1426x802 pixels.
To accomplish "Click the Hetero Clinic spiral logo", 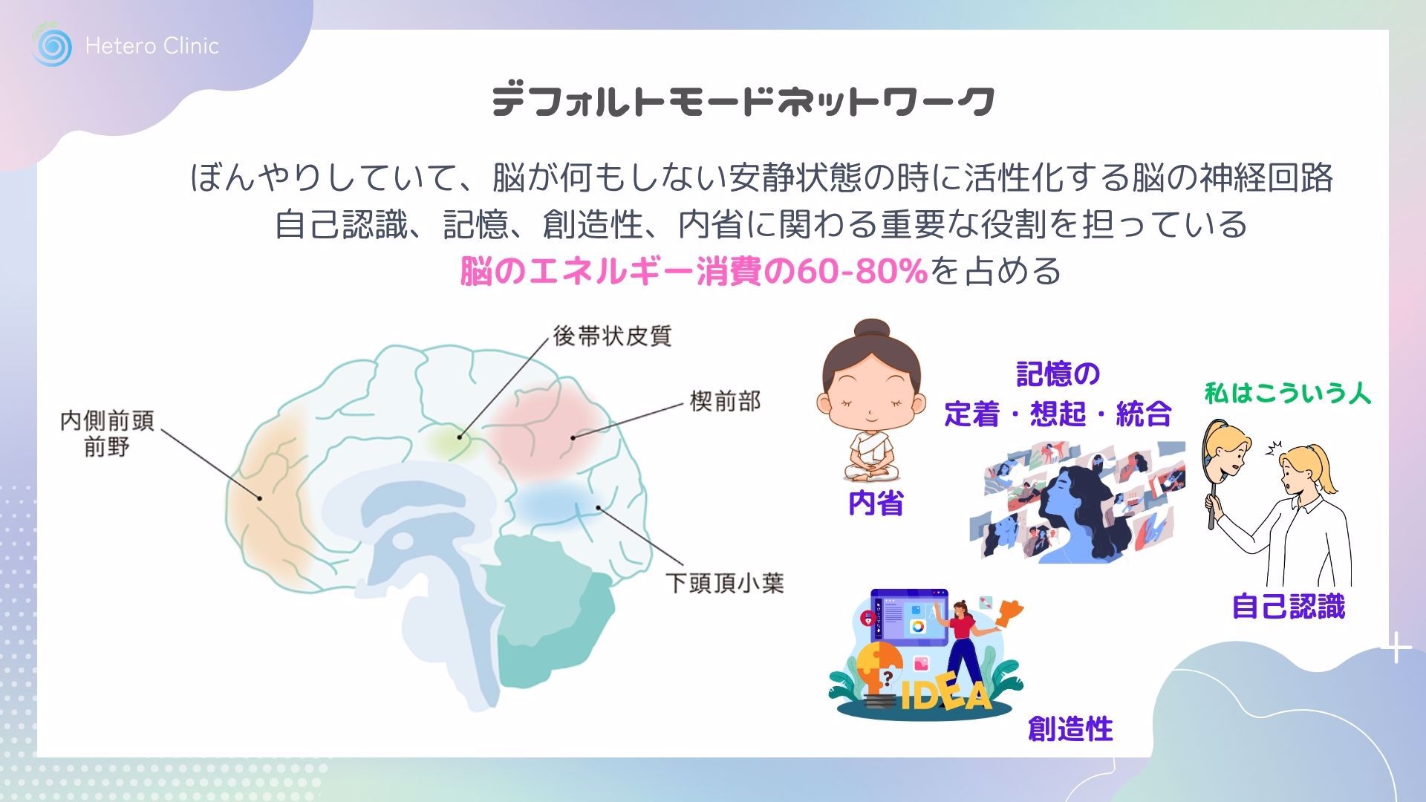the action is click(52, 46).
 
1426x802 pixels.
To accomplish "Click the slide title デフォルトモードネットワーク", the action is click(743, 101).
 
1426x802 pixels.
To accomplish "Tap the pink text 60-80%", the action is click(862, 271).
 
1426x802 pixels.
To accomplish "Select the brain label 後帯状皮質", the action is click(612, 336).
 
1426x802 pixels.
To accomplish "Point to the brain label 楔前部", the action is click(725, 402).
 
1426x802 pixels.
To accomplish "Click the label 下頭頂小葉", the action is click(724, 583).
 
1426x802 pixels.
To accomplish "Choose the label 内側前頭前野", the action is click(107, 433).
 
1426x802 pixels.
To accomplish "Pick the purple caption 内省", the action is click(876, 503).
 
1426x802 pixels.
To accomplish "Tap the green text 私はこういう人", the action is click(1288, 393).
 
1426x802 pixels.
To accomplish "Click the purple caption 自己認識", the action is click(1289, 607).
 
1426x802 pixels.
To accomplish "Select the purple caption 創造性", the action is click(1070, 728).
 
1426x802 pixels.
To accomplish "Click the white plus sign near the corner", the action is click(1396, 648).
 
